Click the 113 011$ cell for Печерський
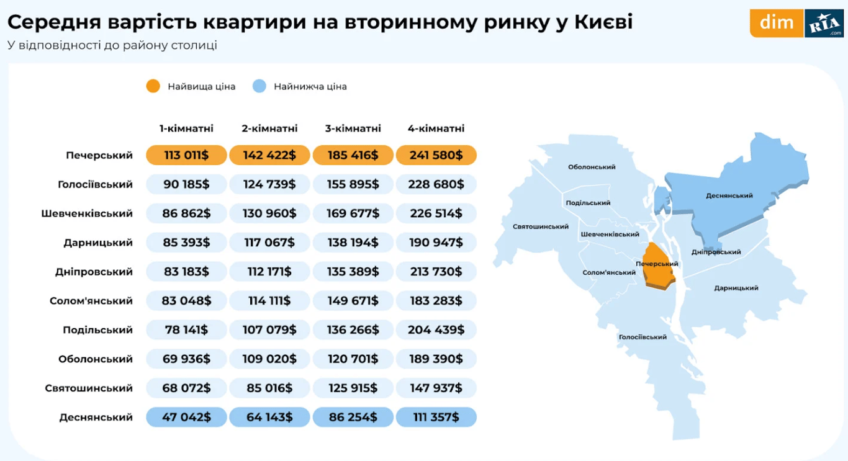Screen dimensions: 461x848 tap(187, 155)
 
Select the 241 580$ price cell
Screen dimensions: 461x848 tap(436, 155)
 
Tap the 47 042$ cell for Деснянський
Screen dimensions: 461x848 tap(187, 417)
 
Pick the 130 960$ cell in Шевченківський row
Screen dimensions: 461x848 tap(270, 213)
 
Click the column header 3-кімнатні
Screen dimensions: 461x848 tap(353, 128)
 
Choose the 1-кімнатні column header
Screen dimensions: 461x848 tap(187, 128)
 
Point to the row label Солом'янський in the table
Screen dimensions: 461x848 tap(91, 301)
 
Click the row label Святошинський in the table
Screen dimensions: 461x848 tap(89, 388)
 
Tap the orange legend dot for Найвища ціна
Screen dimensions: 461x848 tap(153, 86)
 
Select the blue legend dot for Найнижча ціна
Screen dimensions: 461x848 tap(259, 86)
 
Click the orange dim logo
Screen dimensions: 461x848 tap(777, 23)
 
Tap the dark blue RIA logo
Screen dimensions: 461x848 tap(824, 24)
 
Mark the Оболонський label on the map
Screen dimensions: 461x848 tap(592, 167)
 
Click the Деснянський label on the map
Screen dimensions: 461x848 tap(729, 195)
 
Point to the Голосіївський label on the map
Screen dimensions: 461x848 tap(643, 337)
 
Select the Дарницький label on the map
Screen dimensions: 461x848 tap(736, 288)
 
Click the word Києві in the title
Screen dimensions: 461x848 tap(602, 22)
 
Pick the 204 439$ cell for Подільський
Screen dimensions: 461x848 tap(436, 330)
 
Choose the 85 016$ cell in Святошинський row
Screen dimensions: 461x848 tap(270, 388)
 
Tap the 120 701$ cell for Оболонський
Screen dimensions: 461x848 tap(353, 359)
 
